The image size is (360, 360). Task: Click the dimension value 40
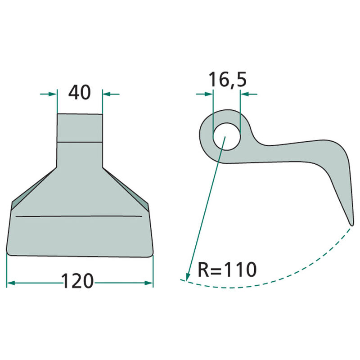click(x=80, y=93)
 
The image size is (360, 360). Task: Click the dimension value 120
click(x=77, y=282)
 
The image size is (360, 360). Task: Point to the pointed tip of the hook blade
click(x=350, y=223)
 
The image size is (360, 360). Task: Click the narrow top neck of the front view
click(x=80, y=128)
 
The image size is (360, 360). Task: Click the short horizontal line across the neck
click(x=80, y=142)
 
